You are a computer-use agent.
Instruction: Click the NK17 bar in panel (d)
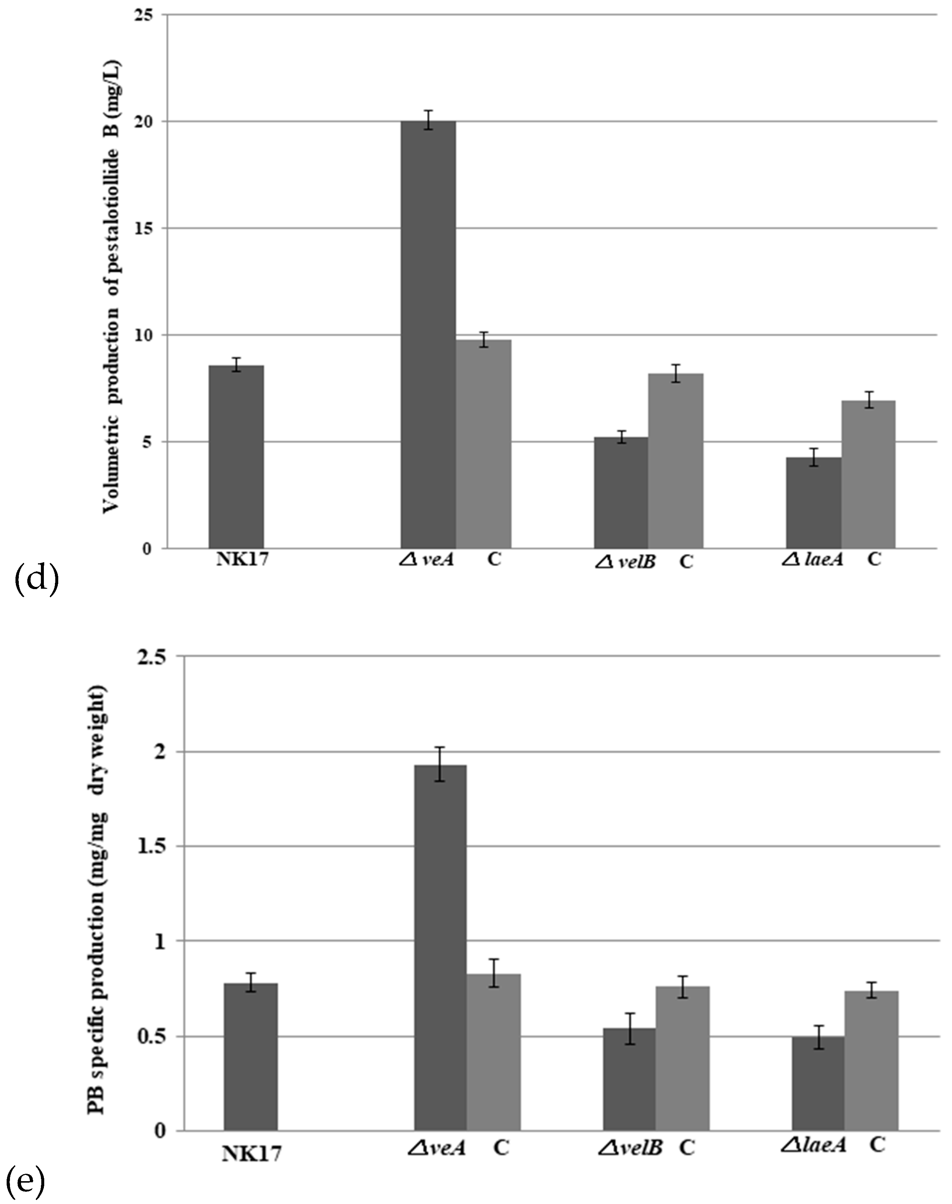[x=236, y=457]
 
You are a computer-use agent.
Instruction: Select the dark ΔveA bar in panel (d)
[x=428, y=334]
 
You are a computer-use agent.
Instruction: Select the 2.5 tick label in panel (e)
[x=154, y=657]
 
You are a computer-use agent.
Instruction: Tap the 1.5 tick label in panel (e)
[x=154, y=846]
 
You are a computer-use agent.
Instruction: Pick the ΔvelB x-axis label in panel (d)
[x=625, y=561]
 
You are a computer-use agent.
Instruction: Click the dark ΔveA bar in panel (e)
[x=440, y=947]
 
